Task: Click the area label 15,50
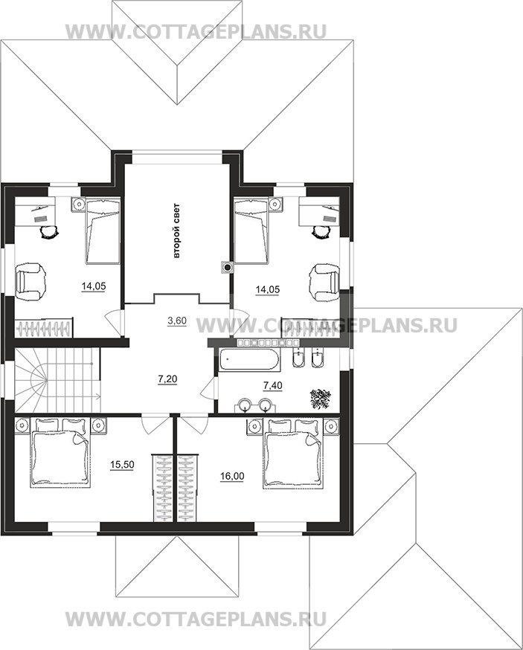(x=122, y=465)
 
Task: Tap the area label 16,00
(x=232, y=476)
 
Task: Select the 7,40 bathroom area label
(x=273, y=385)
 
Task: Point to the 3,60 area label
(x=177, y=321)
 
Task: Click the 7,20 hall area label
(x=168, y=379)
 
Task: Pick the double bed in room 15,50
(x=60, y=457)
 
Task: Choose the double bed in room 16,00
(x=293, y=457)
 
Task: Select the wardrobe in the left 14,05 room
(x=45, y=327)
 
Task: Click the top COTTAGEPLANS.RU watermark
(x=196, y=31)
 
